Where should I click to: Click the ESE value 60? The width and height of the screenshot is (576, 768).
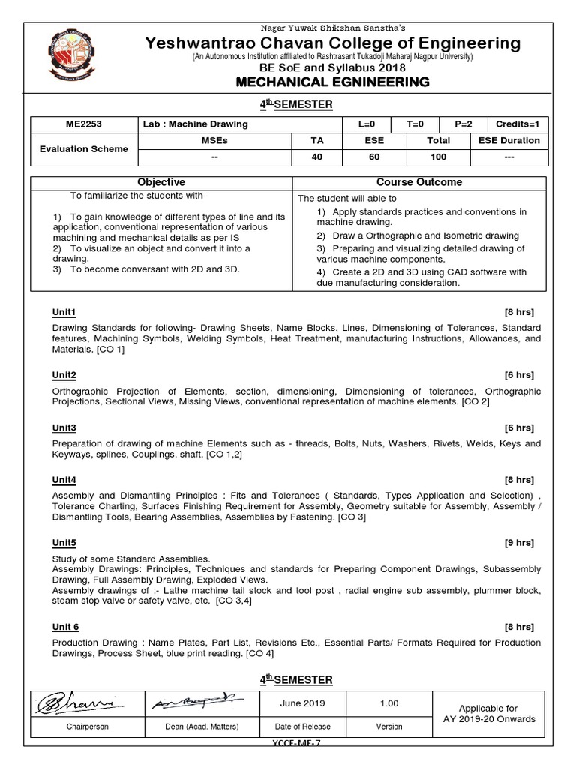(x=374, y=157)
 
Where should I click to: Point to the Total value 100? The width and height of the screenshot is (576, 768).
(x=438, y=157)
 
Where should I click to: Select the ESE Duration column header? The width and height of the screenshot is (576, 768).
(x=508, y=140)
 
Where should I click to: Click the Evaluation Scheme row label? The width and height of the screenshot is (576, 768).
(x=84, y=148)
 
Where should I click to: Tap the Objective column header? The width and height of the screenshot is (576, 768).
(x=160, y=182)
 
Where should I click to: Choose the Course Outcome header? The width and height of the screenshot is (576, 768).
(x=418, y=182)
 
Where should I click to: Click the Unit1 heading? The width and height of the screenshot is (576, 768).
(x=64, y=312)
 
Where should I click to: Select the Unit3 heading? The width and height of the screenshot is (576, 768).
(x=64, y=427)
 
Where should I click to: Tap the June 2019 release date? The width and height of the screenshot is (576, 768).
(x=302, y=703)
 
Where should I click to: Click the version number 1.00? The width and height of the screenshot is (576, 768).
(x=389, y=703)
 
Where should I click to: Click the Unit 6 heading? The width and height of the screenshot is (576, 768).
(x=66, y=627)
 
